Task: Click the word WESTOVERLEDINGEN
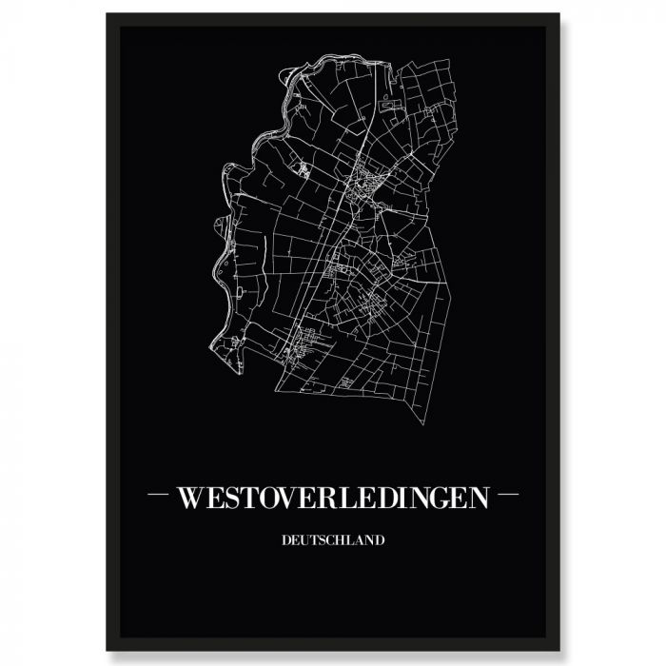[x=333, y=498]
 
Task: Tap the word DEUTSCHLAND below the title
[x=333, y=540]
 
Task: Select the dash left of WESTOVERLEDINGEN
[x=158, y=496]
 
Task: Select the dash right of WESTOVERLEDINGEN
[x=509, y=496]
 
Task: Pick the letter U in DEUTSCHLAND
[x=305, y=540]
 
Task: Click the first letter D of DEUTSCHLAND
[x=286, y=540]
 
